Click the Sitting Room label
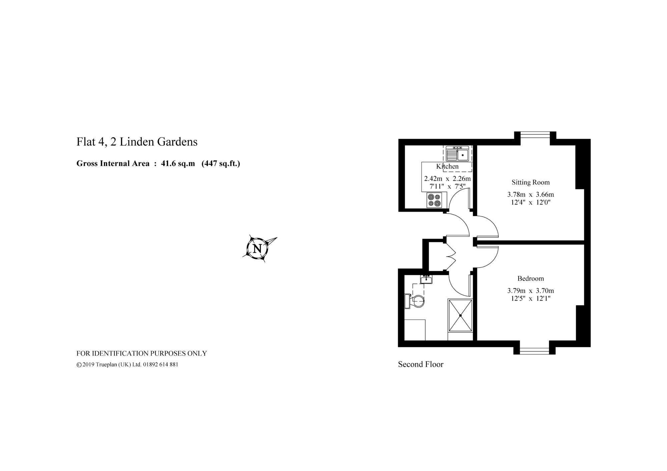pos(531,182)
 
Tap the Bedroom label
pos(531,278)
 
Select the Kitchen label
pos(447,166)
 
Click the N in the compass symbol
pos(257,249)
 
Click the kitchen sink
pos(457,154)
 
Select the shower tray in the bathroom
pos(460,315)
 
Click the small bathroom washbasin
pos(426,279)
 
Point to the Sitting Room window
pos(535,135)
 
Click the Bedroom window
pos(534,351)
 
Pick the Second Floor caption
pos(421,364)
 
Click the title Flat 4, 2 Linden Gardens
pos(137,142)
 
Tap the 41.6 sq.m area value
pos(178,164)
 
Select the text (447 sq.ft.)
pos(221,164)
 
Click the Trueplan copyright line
pos(127,365)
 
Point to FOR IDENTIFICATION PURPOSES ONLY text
pos(142,353)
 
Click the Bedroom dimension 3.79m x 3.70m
pos(531,291)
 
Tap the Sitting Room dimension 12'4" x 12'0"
pos(531,202)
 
